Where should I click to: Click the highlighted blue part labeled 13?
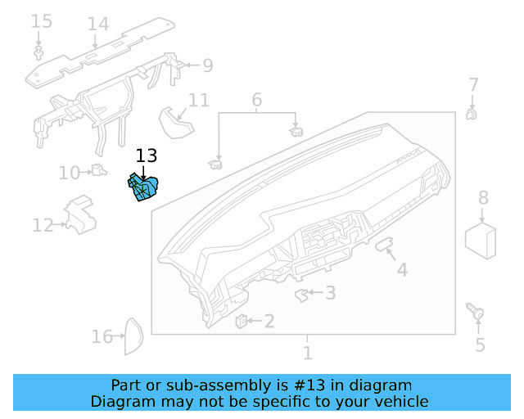[x=143, y=189]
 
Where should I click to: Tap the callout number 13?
[x=146, y=155]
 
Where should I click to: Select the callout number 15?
[x=41, y=21]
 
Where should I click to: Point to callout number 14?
[x=97, y=24]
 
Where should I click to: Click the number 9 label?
[x=207, y=65]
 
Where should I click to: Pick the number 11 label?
[x=199, y=101]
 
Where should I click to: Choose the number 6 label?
[x=256, y=101]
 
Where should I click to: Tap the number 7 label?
[x=473, y=85]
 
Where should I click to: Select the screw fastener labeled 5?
[x=475, y=311]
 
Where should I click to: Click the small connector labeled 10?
[x=99, y=170]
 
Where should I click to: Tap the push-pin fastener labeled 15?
[x=38, y=54]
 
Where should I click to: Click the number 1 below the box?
[x=307, y=354]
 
